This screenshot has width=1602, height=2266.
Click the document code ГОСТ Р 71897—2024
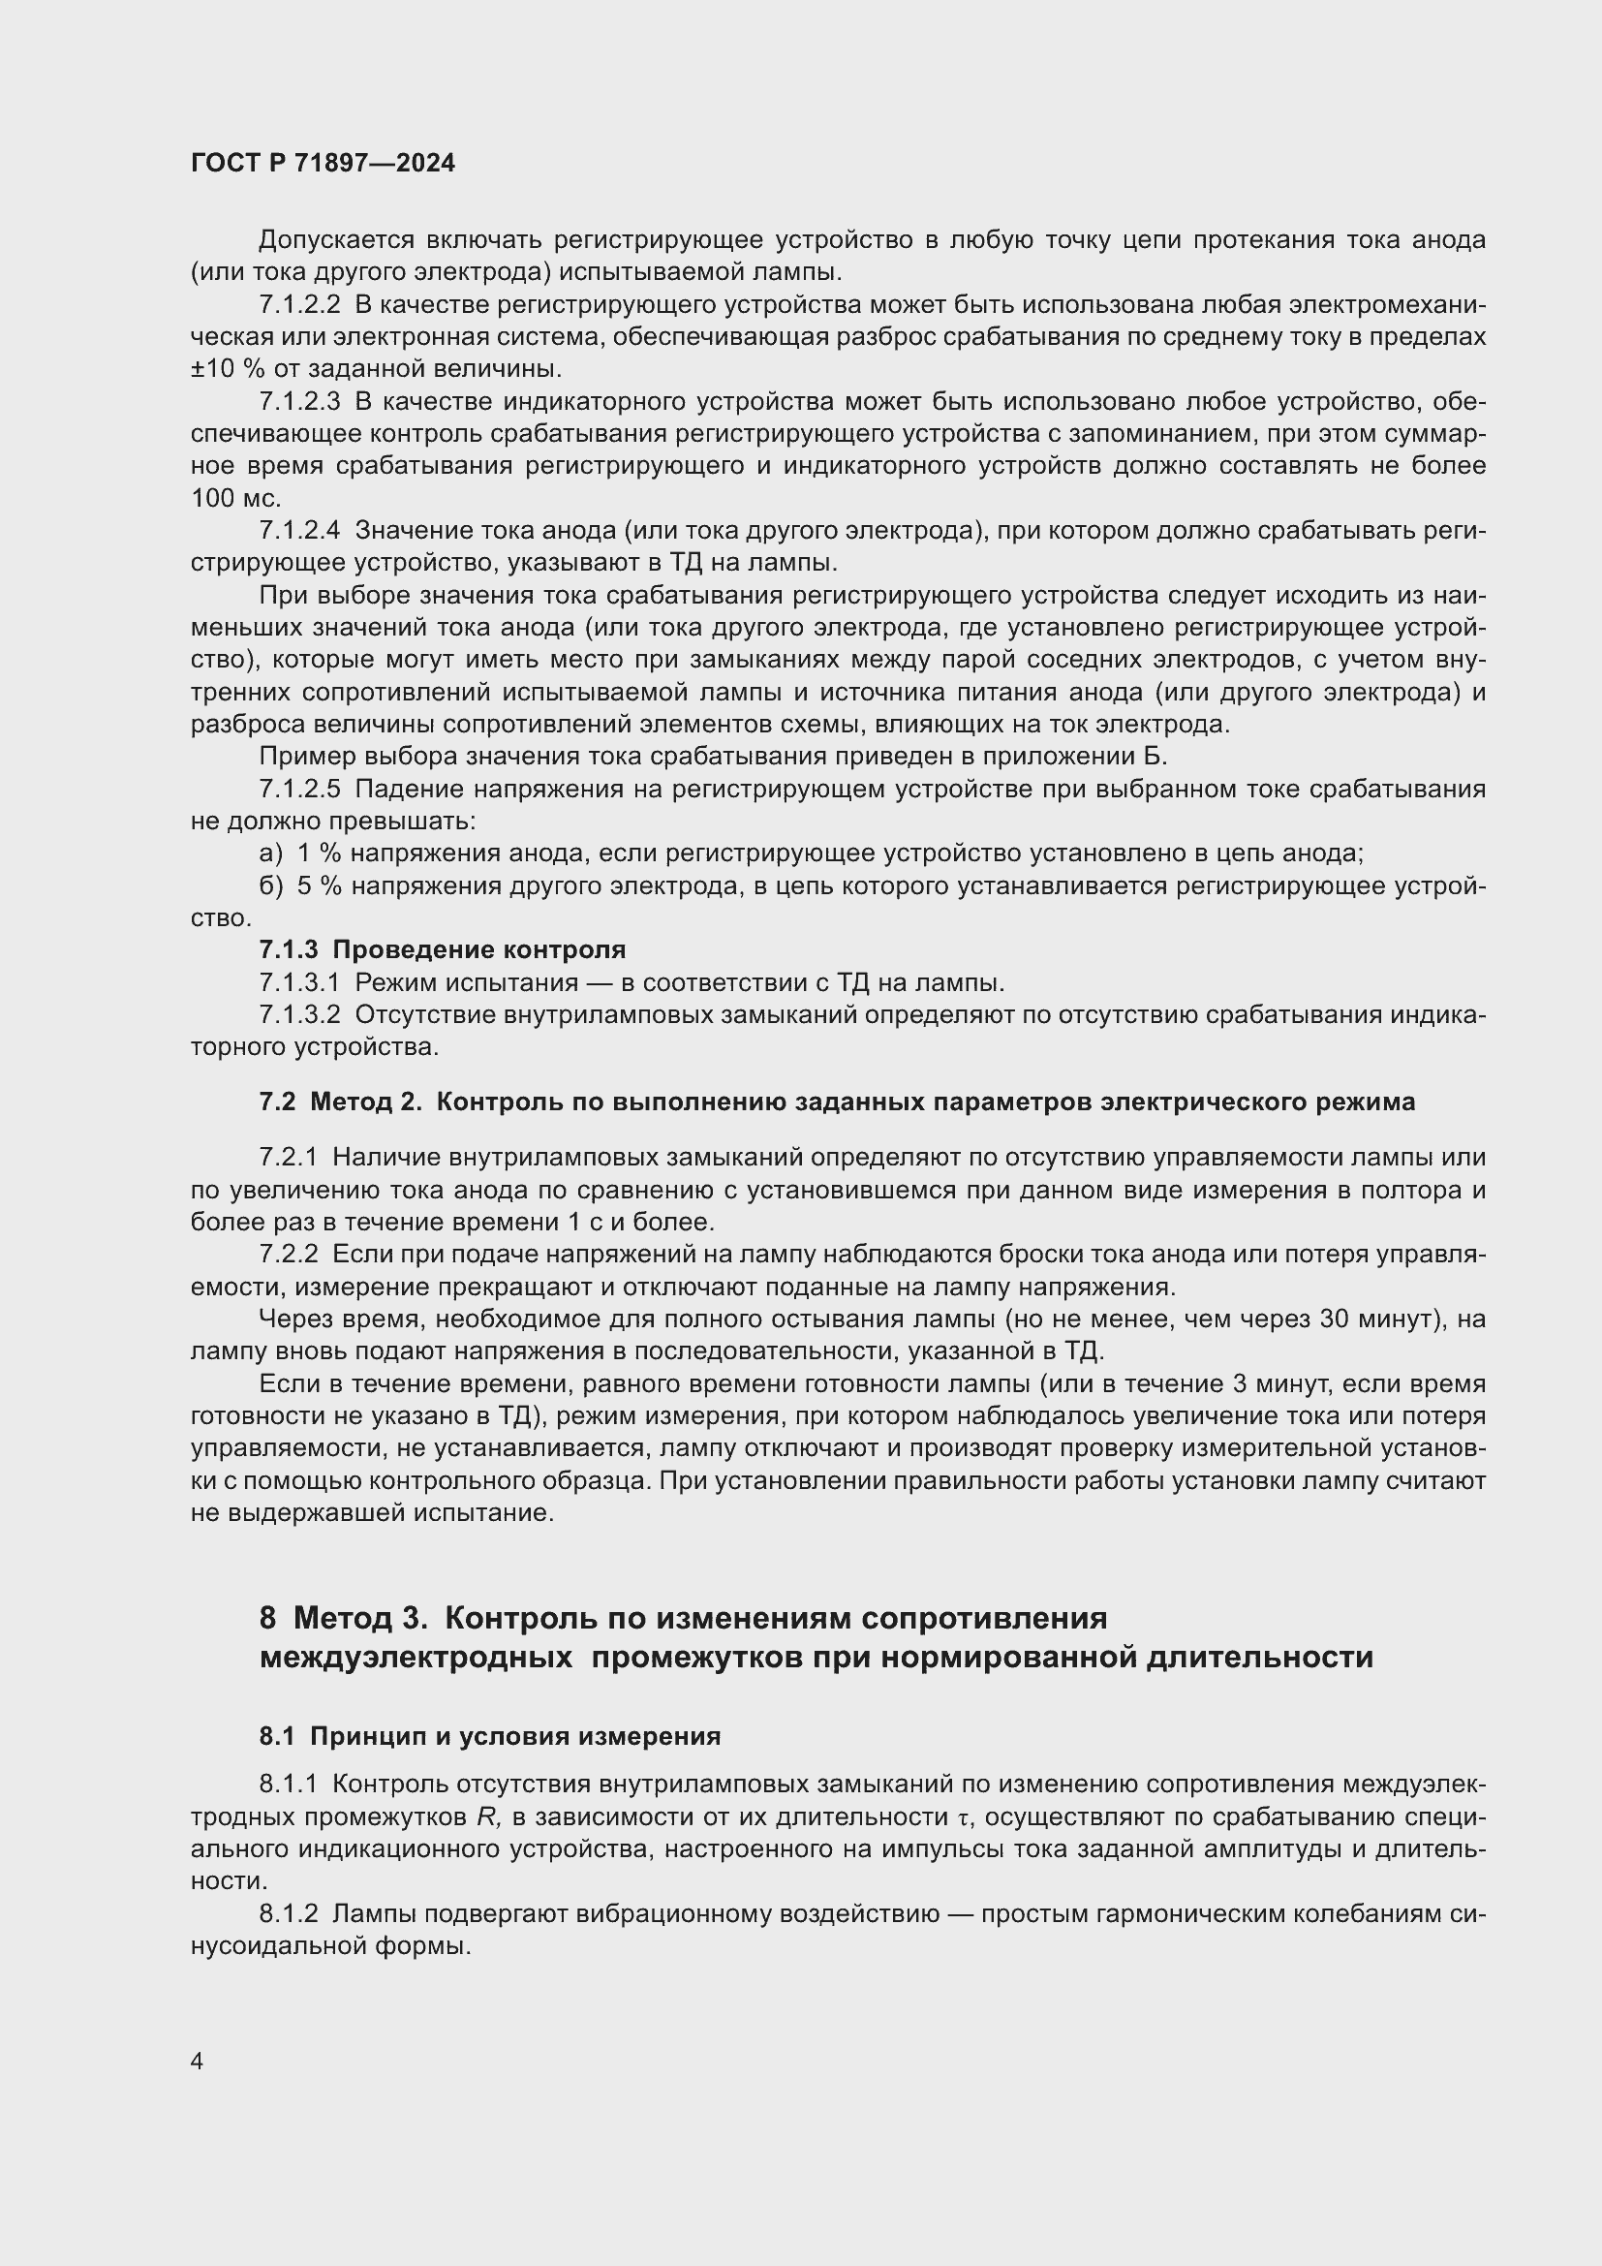[323, 164]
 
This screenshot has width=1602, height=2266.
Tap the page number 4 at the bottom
[198, 2061]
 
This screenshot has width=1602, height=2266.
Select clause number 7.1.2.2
[299, 305]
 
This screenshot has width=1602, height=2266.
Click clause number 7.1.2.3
[299, 402]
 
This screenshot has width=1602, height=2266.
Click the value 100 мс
[235, 498]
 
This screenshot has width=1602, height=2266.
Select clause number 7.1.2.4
[299, 531]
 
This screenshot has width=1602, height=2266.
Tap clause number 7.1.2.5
[299, 790]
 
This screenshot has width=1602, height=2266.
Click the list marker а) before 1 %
[271, 854]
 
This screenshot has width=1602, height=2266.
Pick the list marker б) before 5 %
[271, 886]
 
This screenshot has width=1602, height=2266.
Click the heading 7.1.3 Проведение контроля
[442, 950]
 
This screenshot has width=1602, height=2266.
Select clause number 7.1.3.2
[299, 1014]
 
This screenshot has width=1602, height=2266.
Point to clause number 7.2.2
[288, 1255]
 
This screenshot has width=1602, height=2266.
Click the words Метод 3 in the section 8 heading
[361, 1619]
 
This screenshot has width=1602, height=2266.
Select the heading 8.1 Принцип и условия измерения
[489, 1736]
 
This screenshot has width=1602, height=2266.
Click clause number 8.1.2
[288, 1913]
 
